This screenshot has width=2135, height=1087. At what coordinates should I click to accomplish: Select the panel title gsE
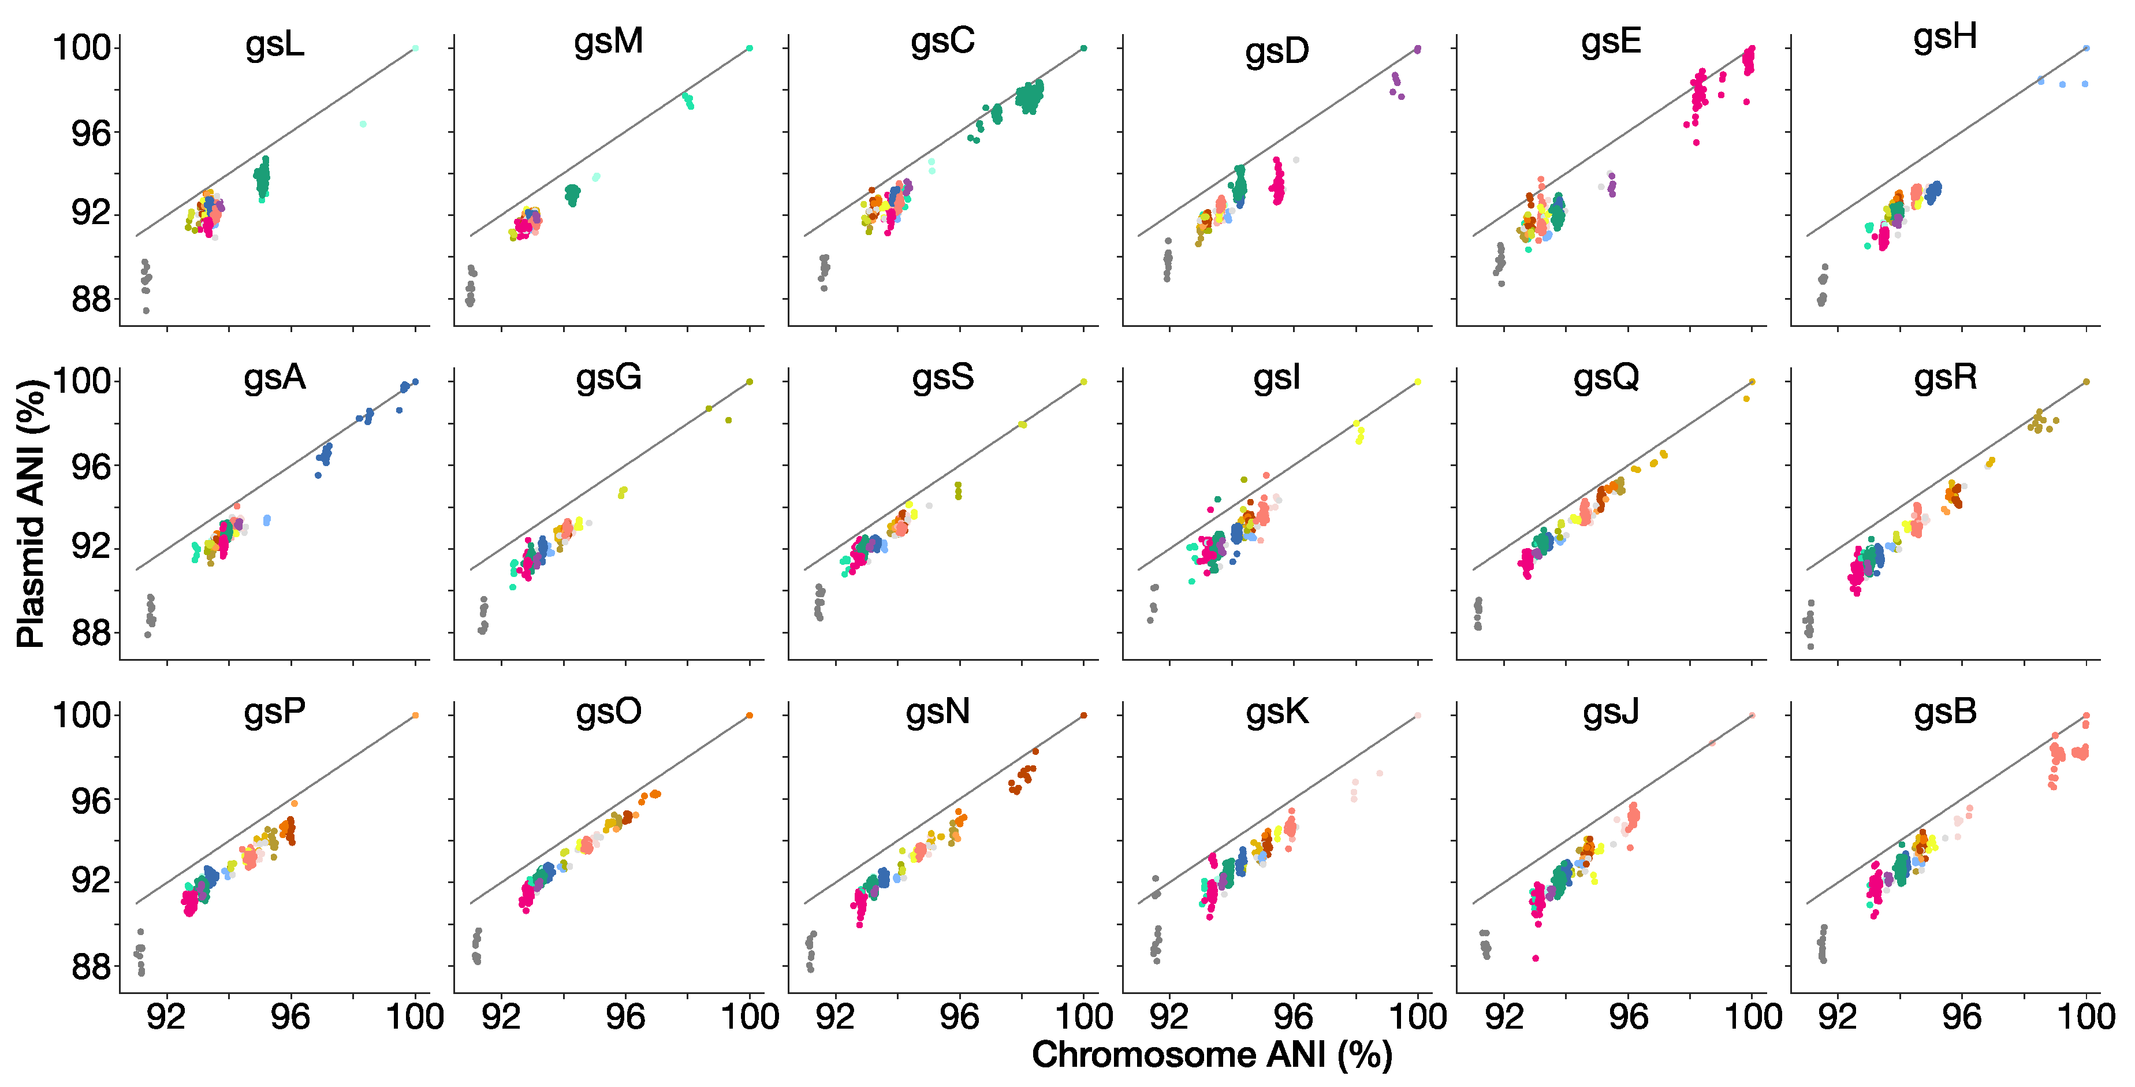[1611, 43]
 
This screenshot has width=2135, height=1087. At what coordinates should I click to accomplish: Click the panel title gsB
[1944, 712]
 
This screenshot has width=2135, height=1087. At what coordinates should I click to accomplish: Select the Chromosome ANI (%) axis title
[1211, 1055]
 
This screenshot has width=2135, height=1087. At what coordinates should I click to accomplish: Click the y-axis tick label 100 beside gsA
[81, 381]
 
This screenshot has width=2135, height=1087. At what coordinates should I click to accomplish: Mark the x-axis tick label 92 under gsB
[1838, 1017]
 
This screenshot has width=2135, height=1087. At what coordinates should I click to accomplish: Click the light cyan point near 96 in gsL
[363, 124]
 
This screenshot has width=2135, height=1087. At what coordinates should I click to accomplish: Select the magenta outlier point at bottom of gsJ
[1535, 958]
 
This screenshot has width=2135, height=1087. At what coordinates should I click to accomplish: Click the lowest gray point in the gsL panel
[146, 311]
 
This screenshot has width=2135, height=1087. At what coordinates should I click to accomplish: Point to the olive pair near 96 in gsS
[958, 491]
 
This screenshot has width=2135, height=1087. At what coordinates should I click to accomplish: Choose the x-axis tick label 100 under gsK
[1417, 1017]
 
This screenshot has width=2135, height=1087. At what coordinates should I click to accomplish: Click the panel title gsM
[608, 42]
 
